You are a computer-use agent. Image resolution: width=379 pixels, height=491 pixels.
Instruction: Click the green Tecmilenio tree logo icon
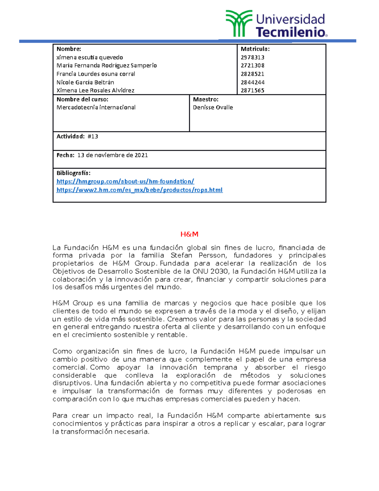coord(238,23)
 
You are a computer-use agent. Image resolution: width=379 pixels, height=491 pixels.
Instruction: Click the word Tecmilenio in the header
coord(290,32)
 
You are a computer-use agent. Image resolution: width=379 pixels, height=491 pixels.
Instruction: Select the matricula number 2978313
coord(252,58)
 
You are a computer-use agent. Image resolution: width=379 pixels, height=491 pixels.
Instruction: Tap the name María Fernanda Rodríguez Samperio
coord(106,65)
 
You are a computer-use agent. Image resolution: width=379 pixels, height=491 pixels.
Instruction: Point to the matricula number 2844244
coord(252,82)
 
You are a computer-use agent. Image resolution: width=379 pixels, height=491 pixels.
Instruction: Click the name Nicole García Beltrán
coord(85,82)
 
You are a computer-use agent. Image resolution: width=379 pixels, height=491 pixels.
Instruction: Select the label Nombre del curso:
coord(82,99)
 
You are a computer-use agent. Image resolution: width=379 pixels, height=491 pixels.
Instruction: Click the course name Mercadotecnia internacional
coord(96,107)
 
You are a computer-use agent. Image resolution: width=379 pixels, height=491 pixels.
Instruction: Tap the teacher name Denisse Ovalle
coord(213,107)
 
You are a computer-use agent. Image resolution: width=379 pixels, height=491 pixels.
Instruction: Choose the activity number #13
coord(93,137)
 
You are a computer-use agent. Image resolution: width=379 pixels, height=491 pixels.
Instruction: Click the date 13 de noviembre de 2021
coord(112,155)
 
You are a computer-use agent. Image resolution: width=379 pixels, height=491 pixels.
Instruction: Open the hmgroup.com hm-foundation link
coord(125,181)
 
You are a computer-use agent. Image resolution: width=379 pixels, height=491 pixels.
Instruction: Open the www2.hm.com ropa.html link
coord(139,190)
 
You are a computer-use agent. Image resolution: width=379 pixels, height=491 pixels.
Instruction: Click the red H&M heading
coord(189,234)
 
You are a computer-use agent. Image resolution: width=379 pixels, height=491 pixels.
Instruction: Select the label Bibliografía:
coord(73,173)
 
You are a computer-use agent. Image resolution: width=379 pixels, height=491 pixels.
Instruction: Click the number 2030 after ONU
coord(220,271)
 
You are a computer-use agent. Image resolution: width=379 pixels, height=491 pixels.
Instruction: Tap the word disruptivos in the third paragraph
coord(72,383)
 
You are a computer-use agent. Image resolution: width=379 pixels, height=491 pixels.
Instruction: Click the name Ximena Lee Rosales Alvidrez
coord(95,90)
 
